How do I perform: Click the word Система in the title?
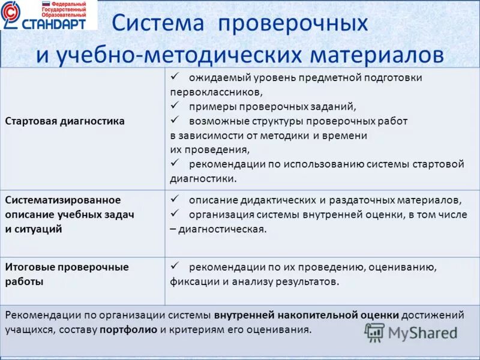click(158, 23)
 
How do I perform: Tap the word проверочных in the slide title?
click(293, 25)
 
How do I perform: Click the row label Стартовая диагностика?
click(65, 121)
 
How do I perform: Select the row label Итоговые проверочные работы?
click(67, 274)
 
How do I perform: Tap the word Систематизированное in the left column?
click(63, 199)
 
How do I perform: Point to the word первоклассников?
click(216, 92)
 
